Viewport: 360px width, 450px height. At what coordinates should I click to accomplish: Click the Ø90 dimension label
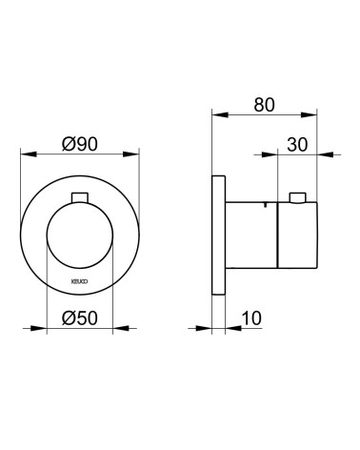pyautogui.click(x=80, y=144)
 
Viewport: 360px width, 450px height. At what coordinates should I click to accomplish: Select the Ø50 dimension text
pyautogui.click(x=80, y=317)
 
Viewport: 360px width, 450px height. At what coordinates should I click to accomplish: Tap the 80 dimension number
pyautogui.click(x=264, y=105)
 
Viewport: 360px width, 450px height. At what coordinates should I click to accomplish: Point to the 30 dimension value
pyautogui.click(x=297, y=145)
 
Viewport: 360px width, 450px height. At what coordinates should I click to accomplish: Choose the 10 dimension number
pyautogui.click(x=251, y=318)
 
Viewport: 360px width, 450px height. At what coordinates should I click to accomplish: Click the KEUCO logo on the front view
pyautogui.click(x=80, y=281)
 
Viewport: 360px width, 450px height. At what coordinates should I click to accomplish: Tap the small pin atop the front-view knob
pyautogui.click(x=80, y=197)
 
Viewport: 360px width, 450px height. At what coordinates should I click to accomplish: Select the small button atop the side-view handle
pyautogui.click(x=298, y=197)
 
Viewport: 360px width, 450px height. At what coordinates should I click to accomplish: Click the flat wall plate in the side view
pyautogui.click(x=218, y=235)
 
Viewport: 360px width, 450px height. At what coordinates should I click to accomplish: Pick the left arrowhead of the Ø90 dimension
pyautogui.click(x=29, y=154)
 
